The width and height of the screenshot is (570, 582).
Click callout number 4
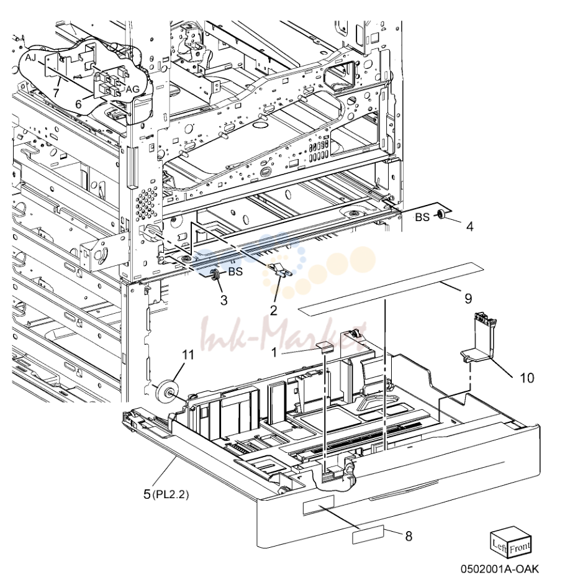tap(469, 226)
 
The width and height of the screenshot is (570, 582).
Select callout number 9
tap(468, 298)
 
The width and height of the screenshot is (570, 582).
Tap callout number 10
tap(527, 378)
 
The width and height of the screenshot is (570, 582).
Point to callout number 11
tap(188, 355)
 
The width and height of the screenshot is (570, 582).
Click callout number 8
tap(408, 536)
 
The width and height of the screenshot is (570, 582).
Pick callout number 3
tap(224, 300)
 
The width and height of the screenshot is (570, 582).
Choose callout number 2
tap(273, 310)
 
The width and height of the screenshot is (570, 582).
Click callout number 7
tap(56, 93)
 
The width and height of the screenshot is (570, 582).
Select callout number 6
tap(78, 104)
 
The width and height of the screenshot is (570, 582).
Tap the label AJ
tap(31, 58)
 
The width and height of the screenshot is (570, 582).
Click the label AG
tap(132, 89)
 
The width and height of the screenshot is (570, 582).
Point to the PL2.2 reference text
tap(170, 494)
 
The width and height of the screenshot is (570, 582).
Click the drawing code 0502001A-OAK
tap(499, 568)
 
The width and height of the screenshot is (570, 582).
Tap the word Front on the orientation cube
tap(520, 547)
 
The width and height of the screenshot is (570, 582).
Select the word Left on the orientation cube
tap(499, 545)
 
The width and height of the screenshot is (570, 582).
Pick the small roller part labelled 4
tap(442, 214)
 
